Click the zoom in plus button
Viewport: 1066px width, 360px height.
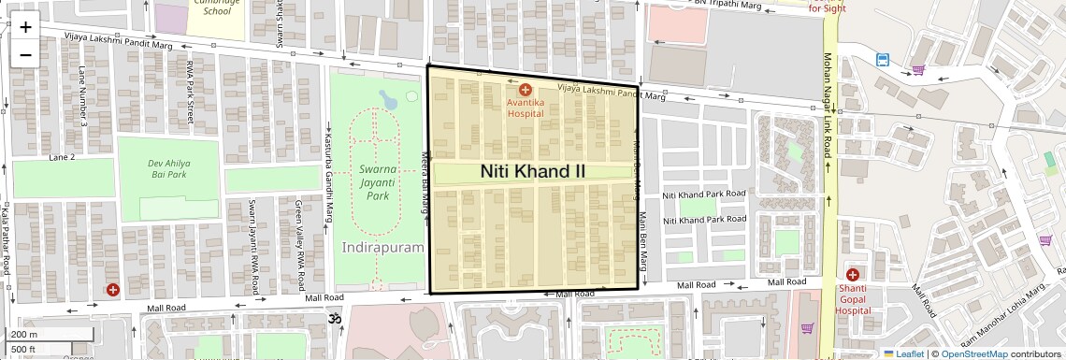pyautogui.click(x=25, y=27)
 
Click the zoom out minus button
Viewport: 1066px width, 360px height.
pyautogui.click(x=25, y=54)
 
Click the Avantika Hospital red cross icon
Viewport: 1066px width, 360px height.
pyautogui.click(x=525, y=90)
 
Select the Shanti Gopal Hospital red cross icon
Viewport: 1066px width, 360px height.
pyautogui.click(x=852, y=275)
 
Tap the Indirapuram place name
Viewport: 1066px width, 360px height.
pyautogui.click(x=383, y=248)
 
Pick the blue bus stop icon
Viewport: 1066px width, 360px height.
pyautogui.click(x=883, y=60)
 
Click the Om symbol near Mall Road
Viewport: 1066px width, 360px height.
pyautogui.click(x=330, y=320)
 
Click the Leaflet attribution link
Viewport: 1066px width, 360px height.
pyautogui.click(x=902, y=353)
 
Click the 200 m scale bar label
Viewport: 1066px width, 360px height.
pyautogui.click(x=25, y=335)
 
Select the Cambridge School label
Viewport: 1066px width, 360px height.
pyautogui.click(x=211, y=7)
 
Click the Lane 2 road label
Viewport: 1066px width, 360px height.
pyautogui.click(x=62, y=158)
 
